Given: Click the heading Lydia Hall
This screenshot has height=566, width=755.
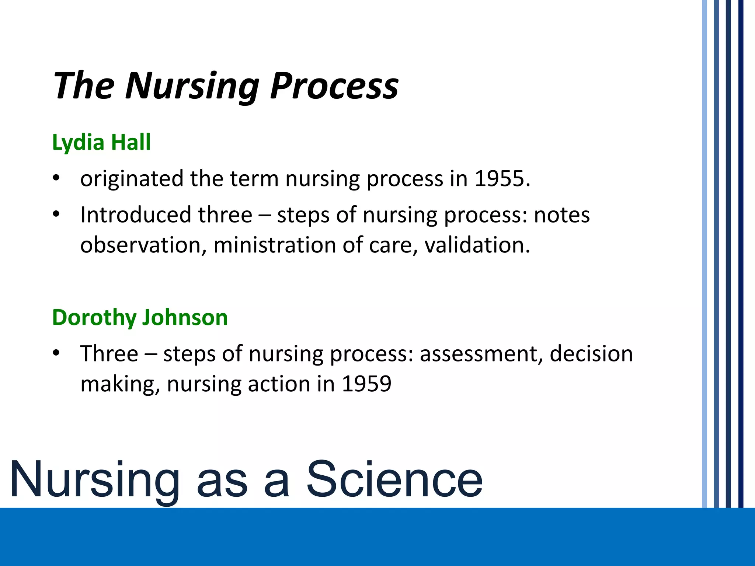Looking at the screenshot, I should point(101,142).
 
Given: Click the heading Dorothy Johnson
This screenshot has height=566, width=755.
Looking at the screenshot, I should point(140,317).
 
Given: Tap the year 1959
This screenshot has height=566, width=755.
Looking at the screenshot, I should point(366,384).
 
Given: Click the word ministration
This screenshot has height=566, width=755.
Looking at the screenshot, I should point(274,245).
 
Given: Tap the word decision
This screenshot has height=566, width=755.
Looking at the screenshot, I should point(591,354).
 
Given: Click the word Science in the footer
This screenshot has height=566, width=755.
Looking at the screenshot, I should point(394,479).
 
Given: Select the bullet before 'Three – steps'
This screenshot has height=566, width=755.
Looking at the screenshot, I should point(56,353).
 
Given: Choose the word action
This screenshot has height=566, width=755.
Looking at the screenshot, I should point(279,384).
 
